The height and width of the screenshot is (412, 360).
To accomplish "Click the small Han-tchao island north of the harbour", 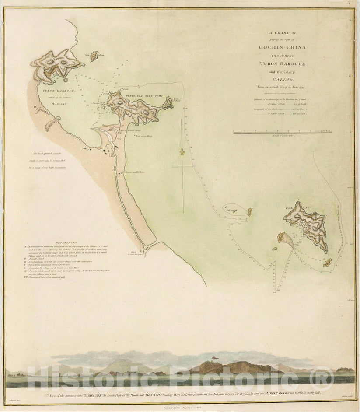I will point(94,56).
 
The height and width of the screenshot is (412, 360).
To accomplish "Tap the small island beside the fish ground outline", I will point(249,212).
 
